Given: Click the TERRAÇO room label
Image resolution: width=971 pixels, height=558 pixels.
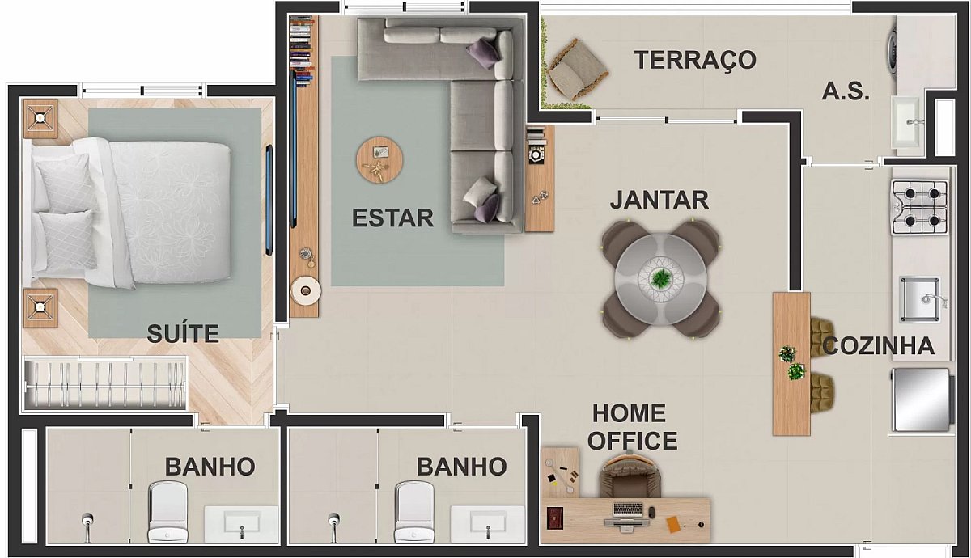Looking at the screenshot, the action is coord(695,60).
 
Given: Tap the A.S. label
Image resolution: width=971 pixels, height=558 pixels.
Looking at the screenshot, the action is coord(846,92).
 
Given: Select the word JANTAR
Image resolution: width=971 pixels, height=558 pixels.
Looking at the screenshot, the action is coord(659,201).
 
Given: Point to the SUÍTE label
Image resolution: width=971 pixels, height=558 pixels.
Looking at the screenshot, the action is coord(183,332).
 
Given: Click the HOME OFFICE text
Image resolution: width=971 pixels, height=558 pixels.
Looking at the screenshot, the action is coord(632,427).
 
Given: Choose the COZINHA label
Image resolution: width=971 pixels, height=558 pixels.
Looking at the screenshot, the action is coord(878,346).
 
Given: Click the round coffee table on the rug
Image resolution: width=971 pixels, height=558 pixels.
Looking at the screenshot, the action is coord(379,160).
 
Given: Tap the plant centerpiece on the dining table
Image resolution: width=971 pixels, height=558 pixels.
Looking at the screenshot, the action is coord(661,279).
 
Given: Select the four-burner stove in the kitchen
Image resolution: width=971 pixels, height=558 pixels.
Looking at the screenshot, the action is coord(919,207).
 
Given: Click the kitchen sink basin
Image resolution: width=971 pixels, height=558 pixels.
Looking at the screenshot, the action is coord(920,299).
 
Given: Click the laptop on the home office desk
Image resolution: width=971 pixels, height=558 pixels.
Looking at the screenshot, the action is coord(628,514).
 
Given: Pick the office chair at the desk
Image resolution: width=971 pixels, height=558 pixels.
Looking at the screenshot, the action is coord(630,475).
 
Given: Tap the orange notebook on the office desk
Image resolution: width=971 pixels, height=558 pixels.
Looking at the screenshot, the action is coord(673,524).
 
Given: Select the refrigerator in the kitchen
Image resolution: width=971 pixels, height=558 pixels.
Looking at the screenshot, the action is coord(922,399).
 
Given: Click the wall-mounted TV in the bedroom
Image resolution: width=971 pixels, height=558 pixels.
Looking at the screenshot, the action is coord(269,201).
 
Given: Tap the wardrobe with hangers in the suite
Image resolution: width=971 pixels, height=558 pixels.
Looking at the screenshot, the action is coord(105,384).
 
